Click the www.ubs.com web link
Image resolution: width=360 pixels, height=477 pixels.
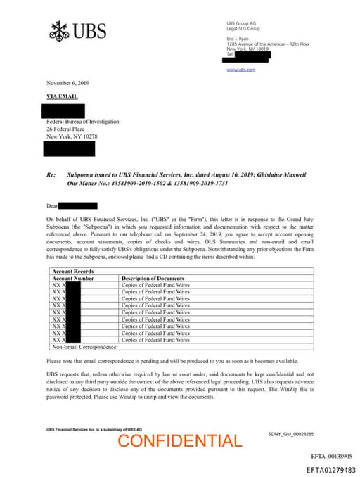240,70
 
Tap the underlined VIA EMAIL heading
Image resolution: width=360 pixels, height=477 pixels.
62,96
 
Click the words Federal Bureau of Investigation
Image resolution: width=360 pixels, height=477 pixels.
82,122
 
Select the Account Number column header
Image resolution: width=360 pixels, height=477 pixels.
73,279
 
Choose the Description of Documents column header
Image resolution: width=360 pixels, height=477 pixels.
153,279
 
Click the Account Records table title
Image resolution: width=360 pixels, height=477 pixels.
73,272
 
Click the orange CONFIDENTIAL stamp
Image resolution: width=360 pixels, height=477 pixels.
179,441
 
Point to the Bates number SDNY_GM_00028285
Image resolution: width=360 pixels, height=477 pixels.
290,435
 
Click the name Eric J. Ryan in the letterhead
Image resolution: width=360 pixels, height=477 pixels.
238,38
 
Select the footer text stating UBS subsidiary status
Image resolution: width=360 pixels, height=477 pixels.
94,429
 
